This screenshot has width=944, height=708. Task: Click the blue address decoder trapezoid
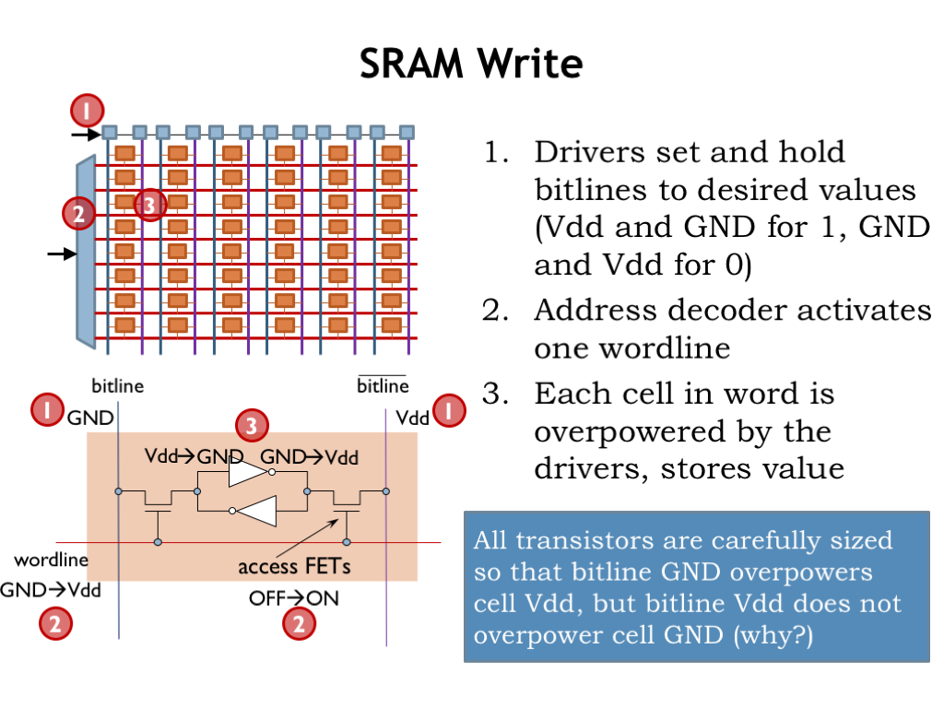pos(86,254)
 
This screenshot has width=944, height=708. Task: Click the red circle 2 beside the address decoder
pos(78,214)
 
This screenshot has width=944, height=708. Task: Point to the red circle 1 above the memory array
pos(87,112)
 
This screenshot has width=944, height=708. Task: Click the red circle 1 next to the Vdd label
pos(449,411)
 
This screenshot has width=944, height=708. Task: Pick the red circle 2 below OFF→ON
pos(298,624)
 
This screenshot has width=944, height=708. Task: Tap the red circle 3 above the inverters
pos(252,425)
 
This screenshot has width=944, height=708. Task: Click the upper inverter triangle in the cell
pos(247,473)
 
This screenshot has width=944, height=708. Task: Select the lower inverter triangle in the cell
pos(258,511)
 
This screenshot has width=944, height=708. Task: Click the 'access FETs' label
pos(280,566)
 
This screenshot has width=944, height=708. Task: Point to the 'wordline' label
pos(51,560)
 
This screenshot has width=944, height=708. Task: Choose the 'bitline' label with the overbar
pos(382,385)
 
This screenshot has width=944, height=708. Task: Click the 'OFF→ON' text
pos(293,597)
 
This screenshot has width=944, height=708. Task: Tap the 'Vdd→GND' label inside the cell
pos(193,456)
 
